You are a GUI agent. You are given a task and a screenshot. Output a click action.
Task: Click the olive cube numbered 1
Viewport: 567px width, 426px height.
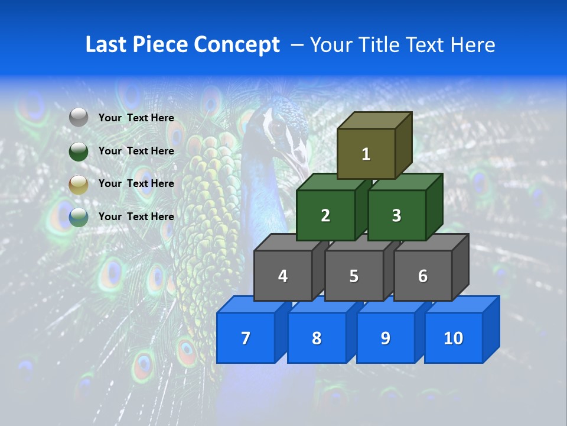point(366,154)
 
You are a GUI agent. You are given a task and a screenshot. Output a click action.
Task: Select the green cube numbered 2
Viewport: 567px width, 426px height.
point(325,215)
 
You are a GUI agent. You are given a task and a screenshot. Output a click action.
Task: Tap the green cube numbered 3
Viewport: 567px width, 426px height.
point(396,215)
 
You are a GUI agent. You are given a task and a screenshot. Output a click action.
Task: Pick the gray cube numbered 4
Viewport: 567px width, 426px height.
point(283,276)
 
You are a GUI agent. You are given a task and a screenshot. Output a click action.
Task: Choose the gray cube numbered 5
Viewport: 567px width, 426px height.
point(354,276)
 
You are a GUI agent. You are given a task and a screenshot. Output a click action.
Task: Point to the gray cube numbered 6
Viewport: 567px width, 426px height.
point(423,276)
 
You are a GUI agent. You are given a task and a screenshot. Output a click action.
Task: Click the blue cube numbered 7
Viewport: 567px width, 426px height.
point(246,338)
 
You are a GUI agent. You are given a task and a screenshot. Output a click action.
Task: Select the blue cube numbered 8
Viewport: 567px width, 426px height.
point(317,338)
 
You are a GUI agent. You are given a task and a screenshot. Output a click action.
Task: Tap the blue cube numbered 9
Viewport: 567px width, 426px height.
point(386,338)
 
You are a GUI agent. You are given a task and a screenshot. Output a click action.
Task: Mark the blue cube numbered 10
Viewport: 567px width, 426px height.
point(454,338)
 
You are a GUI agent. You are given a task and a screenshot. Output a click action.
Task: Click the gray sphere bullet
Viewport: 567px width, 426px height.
point(79,118)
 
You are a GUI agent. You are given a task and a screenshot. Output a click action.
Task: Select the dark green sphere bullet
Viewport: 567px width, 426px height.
point(79,151)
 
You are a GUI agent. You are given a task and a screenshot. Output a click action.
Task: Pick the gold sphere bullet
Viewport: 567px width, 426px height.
point(79,185)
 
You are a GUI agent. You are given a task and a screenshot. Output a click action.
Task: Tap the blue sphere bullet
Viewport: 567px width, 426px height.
point(79,217)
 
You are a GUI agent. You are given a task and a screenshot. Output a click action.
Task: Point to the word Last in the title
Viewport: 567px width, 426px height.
point(108,45)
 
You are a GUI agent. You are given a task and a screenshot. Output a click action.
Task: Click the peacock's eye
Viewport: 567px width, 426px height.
point(276,126)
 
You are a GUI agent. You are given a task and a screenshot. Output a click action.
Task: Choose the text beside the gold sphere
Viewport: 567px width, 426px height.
point(136,183)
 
